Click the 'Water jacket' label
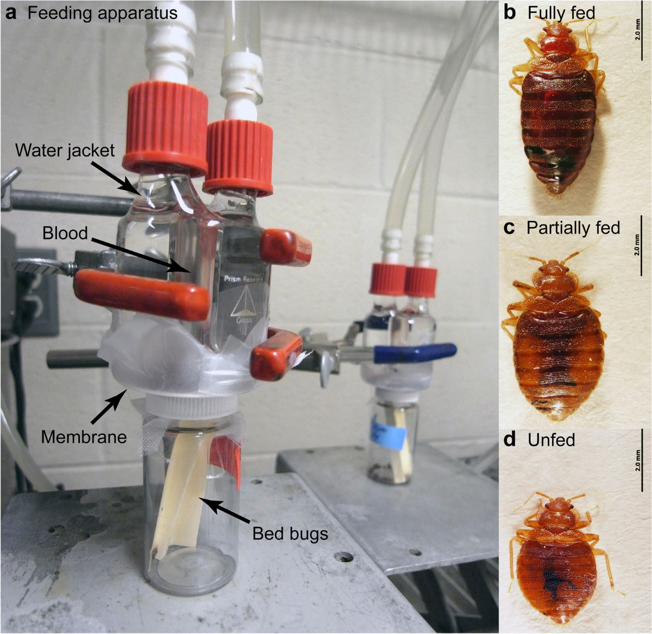coord(65,150)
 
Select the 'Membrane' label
coord(84,436)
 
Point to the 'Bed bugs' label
coord(290,533)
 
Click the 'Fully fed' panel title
coord(561,12)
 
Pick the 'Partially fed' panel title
coord(573,227)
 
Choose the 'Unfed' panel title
coord(551,439)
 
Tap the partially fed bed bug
coord(558,337)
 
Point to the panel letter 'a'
coord(10,14)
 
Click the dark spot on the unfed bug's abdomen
coord(554,584)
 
